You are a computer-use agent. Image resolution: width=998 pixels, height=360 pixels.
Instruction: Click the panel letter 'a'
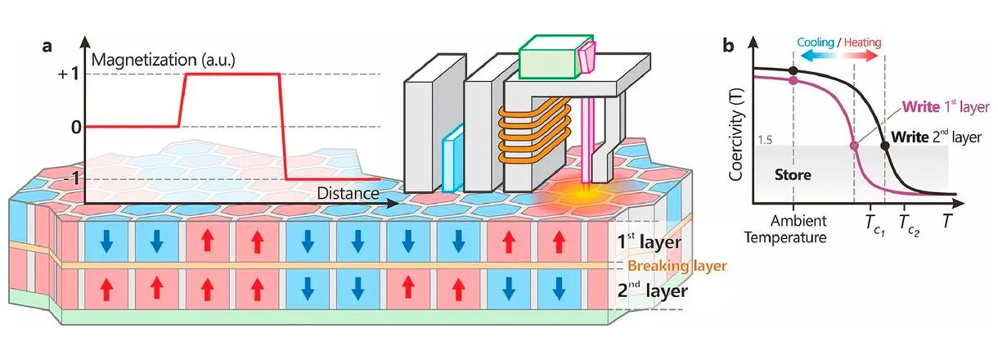point(47,47)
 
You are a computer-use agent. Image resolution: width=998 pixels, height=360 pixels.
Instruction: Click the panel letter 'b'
point(728,46)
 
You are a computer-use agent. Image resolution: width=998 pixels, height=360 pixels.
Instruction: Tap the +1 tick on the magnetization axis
point(69,74)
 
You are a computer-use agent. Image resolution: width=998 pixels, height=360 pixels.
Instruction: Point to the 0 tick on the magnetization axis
point(76,128)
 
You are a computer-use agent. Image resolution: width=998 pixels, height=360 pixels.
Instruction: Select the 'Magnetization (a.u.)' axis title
point(163,60)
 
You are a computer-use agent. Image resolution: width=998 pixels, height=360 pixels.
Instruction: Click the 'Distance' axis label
point(348,193)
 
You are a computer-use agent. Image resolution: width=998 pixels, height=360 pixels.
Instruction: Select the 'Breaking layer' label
point(677,266)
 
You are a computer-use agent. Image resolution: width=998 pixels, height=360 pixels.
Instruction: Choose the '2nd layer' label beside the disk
point(652,290)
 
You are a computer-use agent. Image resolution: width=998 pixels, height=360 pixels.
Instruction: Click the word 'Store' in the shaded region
point(793,174)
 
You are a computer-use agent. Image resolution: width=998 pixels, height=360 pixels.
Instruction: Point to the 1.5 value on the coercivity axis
point(765,140)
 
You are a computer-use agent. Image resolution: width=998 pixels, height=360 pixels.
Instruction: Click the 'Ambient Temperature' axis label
point(785,228)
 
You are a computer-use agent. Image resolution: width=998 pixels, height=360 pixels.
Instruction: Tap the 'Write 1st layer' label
point(946,107)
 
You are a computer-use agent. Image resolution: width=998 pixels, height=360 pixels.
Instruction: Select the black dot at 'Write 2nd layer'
point(885,146)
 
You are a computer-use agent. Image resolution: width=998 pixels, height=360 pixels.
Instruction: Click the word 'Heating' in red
point(862,43)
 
